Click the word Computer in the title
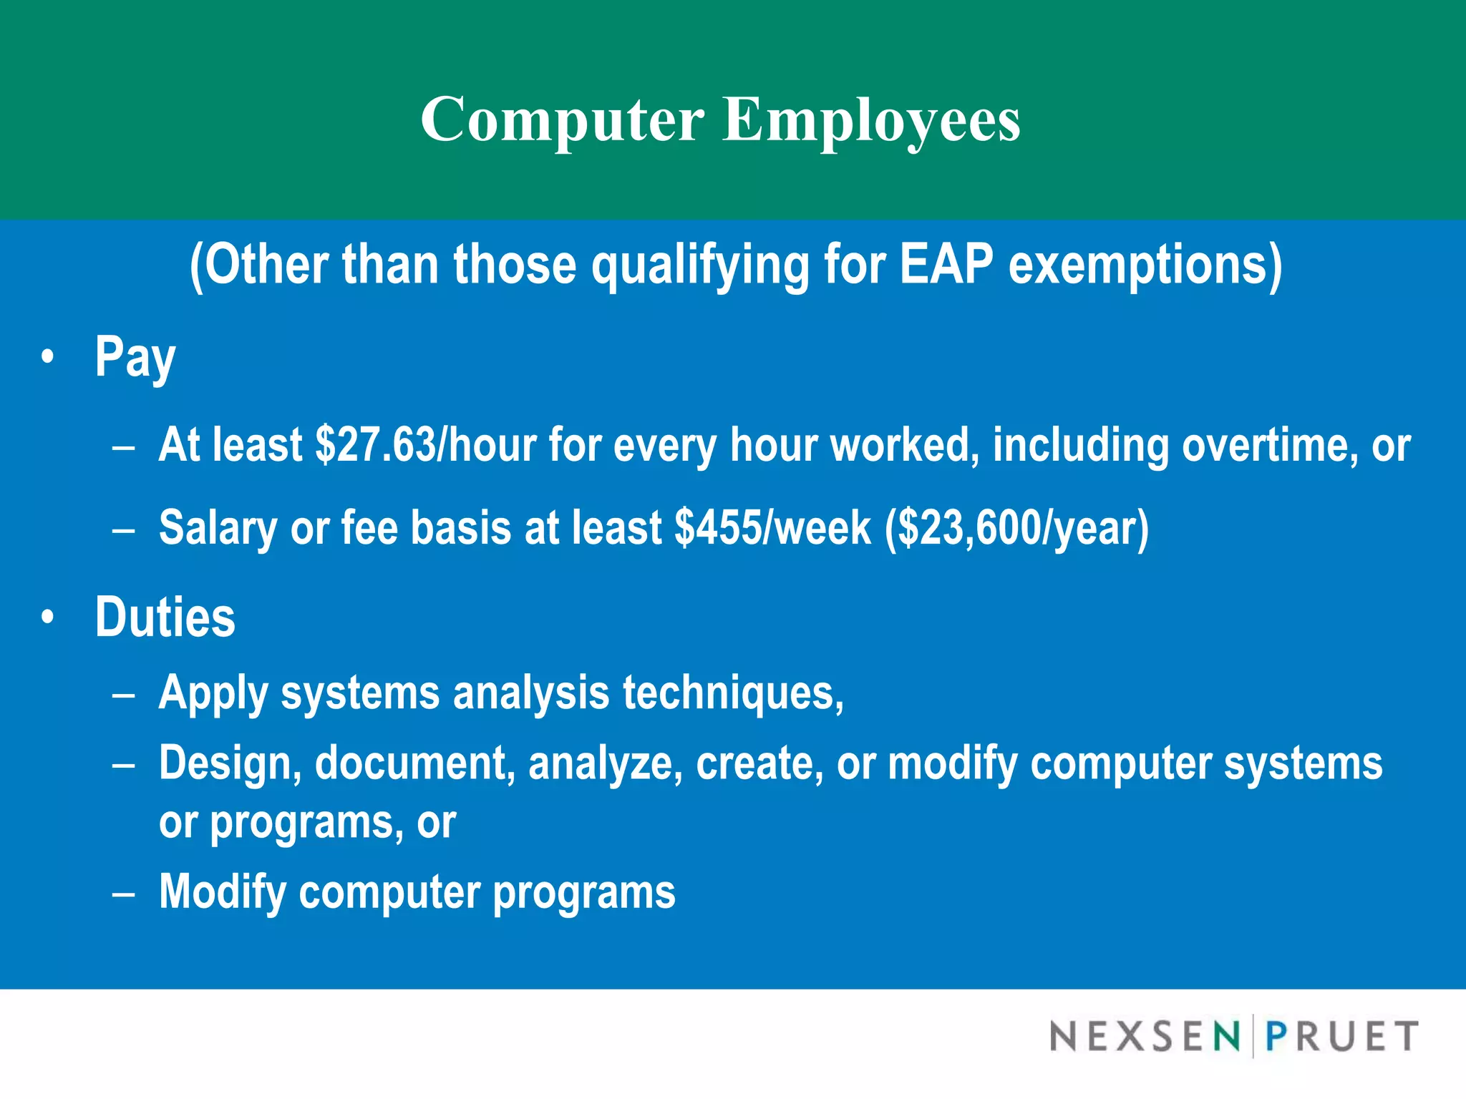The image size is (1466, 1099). [x=562, y=120]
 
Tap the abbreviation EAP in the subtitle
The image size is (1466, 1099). [x=946, y=265]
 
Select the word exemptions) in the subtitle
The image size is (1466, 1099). [x=1145, y=265]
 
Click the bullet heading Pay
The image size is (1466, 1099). [x=135, y=358]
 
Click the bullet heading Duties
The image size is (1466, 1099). [x=165, y=617]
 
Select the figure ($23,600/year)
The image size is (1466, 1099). [x=1016, y=528]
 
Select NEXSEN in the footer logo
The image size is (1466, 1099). [x=1145, y=1036]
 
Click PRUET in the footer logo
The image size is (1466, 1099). [x=1341, y=1036]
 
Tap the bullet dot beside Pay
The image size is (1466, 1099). [x=47, y=356]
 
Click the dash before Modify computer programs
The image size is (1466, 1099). [x=124, y=894]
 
